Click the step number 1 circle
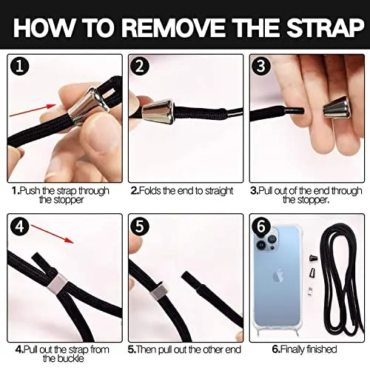click(x=19, y=67)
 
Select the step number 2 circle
click(x=140, y=66)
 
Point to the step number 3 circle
click(x=261, y=66)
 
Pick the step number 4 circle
click(x=19, y=226)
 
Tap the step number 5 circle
click(x=140, y=226)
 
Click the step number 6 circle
click(x=261, y=226)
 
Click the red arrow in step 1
click(x=33, y=110)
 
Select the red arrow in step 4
click(x=53, y=234)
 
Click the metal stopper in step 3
click(x=337, y=107)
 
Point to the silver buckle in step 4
click(x=56, y=283)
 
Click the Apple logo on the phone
click(x=277, y=277)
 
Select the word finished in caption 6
click(x=321, y=349)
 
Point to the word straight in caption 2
click(x=219, y=191)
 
